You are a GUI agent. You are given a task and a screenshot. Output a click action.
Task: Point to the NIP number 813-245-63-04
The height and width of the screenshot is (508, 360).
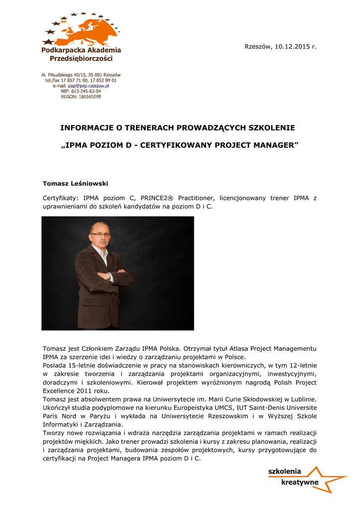(86, 91)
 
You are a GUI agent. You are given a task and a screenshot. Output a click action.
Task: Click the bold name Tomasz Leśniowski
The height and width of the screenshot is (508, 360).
(75, 184)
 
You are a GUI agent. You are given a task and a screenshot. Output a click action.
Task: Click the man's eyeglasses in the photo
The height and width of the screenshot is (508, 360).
(100, 234)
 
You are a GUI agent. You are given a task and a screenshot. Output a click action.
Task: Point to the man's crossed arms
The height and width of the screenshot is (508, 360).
(112, 274)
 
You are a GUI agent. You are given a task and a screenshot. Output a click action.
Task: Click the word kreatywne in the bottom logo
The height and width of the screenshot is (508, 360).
(300, 482)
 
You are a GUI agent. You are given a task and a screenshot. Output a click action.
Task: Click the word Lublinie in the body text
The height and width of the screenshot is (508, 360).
(302, 399)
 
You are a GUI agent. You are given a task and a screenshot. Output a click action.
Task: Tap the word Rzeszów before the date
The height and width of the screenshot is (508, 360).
(258, 47)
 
